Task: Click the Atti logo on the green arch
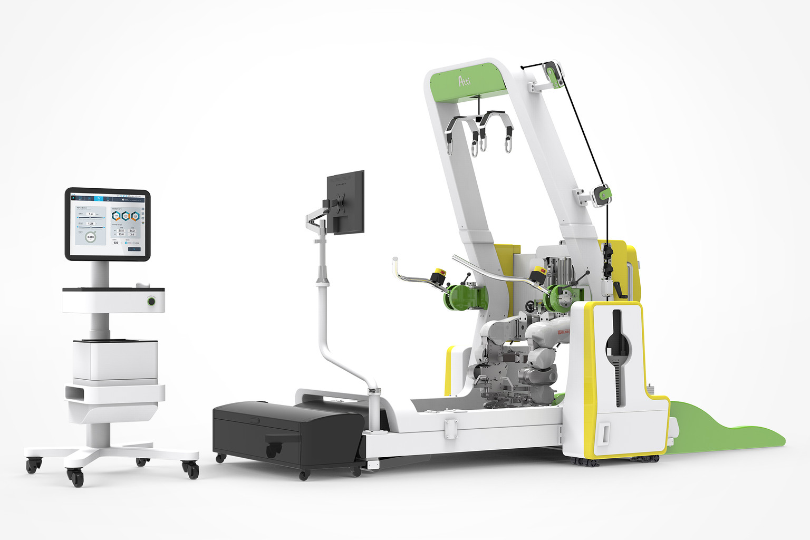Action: pos(464,80)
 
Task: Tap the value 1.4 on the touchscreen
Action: pos(91,214)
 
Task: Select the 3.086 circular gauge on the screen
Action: pos(90,237)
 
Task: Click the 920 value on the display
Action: pos(116,243)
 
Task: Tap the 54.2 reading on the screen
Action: pos(132,231)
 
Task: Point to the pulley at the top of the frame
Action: pos(552,73)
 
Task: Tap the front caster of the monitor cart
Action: pos(76,478)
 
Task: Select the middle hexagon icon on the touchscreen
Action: pos(126,216)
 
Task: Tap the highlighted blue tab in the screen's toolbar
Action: pos(98,199)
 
